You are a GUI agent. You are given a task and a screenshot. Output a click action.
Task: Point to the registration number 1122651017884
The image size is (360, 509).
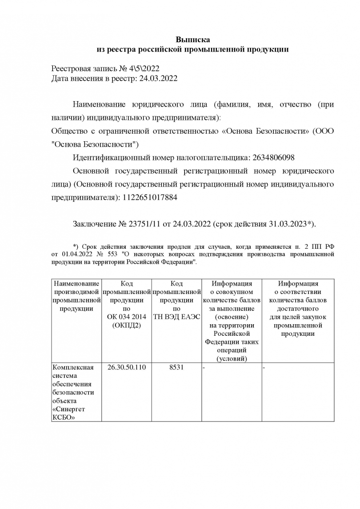(x=149, y=198)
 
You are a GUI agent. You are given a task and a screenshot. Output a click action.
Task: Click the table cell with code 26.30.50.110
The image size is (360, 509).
(x=127, y=368)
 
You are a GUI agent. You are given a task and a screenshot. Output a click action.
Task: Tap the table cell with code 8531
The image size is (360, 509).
(x=176, y=368)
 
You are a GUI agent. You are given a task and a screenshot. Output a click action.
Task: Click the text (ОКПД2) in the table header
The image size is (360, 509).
(x=127, y=326)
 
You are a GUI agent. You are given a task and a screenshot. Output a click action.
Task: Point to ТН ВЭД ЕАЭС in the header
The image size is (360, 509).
(x=176, y=317)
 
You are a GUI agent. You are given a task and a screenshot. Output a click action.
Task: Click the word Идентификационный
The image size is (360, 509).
(x=111, y=158)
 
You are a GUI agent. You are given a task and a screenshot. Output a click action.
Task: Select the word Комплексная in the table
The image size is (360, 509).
(x=73, y=368)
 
